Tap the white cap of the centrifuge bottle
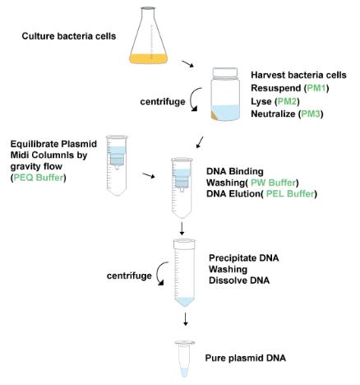(225, 72)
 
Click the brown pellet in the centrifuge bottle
(215, 115)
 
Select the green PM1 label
(317, 88)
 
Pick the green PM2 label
(287, 101)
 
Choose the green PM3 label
(311, 114)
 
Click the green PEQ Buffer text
(39, 178)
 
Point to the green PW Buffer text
(274, 183)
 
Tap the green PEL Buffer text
(290, 194)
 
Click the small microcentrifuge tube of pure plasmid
(185, 359)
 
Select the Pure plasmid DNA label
(246, 358)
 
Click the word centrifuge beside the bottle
(163, 102)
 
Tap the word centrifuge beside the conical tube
(129, 276)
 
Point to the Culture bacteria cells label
(69, 36)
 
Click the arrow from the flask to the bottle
(187, 64)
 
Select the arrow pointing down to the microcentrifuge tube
(186, 319)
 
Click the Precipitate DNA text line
(244, 258)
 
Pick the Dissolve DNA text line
(239, 281)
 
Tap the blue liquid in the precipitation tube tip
(185, 301)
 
